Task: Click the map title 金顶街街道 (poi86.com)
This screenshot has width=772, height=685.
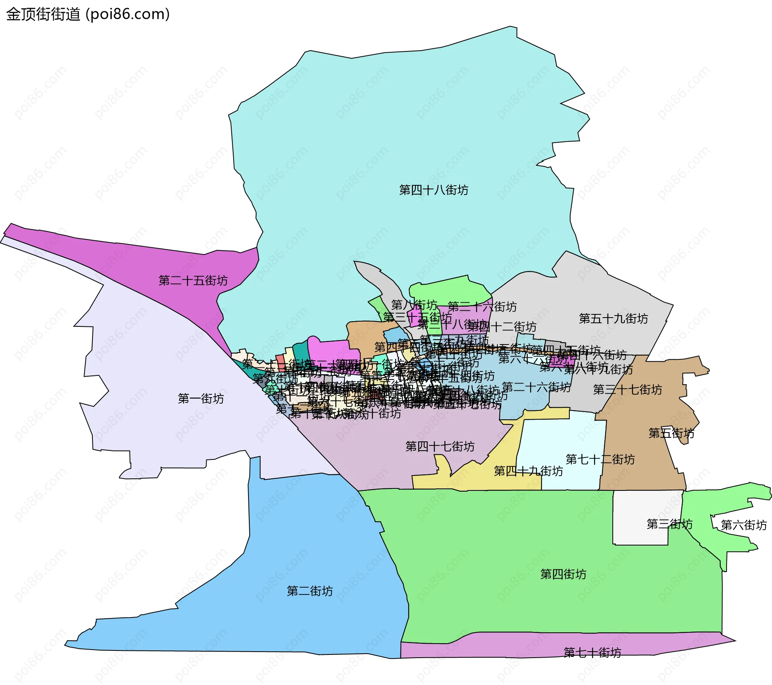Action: pos(88,14)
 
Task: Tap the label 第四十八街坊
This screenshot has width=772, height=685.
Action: pos(433,190)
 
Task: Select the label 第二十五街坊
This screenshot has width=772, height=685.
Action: pos(193,280)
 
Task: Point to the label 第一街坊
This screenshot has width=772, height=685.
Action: pos(201,398)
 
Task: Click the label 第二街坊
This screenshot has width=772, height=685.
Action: pos(310,591)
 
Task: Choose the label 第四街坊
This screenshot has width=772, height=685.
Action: pos(563,574)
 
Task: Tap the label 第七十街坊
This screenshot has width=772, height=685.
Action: pos(592,652)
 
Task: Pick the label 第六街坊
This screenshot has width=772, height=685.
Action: pos(743,525)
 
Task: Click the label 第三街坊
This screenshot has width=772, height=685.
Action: pos(669,524)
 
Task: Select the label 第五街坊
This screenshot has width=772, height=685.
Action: pos(671,433)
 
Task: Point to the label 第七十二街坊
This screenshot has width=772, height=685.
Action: pos(600,459)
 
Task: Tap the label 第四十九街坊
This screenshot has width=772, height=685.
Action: pos(528,471)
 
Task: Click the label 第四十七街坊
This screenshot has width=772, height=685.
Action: pos(440,446)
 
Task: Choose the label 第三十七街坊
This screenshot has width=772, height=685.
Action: pos(627,390)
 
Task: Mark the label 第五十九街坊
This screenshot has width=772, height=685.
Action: pos(613,318)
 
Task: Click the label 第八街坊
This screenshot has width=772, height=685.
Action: pos(414,305)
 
